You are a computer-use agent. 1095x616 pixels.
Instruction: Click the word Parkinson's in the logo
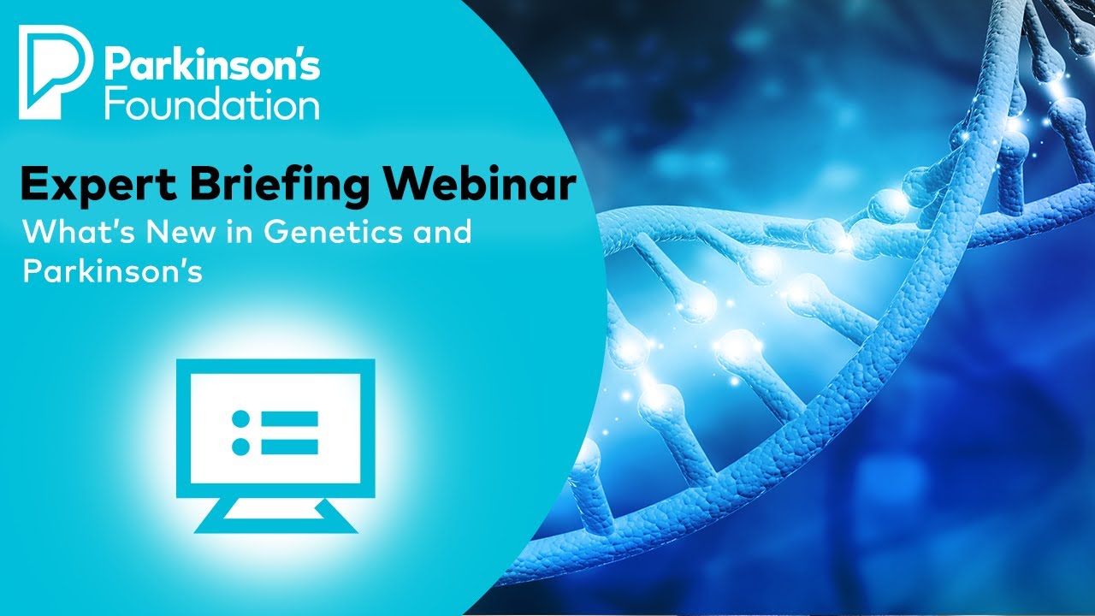[212, 66]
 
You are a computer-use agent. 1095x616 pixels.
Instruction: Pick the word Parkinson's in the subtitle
[112, 271]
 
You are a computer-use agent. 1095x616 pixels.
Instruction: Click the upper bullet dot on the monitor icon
[241, 419]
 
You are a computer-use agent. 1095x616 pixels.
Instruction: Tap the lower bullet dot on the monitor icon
[241, 447]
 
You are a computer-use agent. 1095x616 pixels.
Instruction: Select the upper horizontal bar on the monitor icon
[289, 419]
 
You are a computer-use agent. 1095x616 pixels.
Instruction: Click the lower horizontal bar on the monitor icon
[289, 447]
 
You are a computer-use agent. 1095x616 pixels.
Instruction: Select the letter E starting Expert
[33, 185]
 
